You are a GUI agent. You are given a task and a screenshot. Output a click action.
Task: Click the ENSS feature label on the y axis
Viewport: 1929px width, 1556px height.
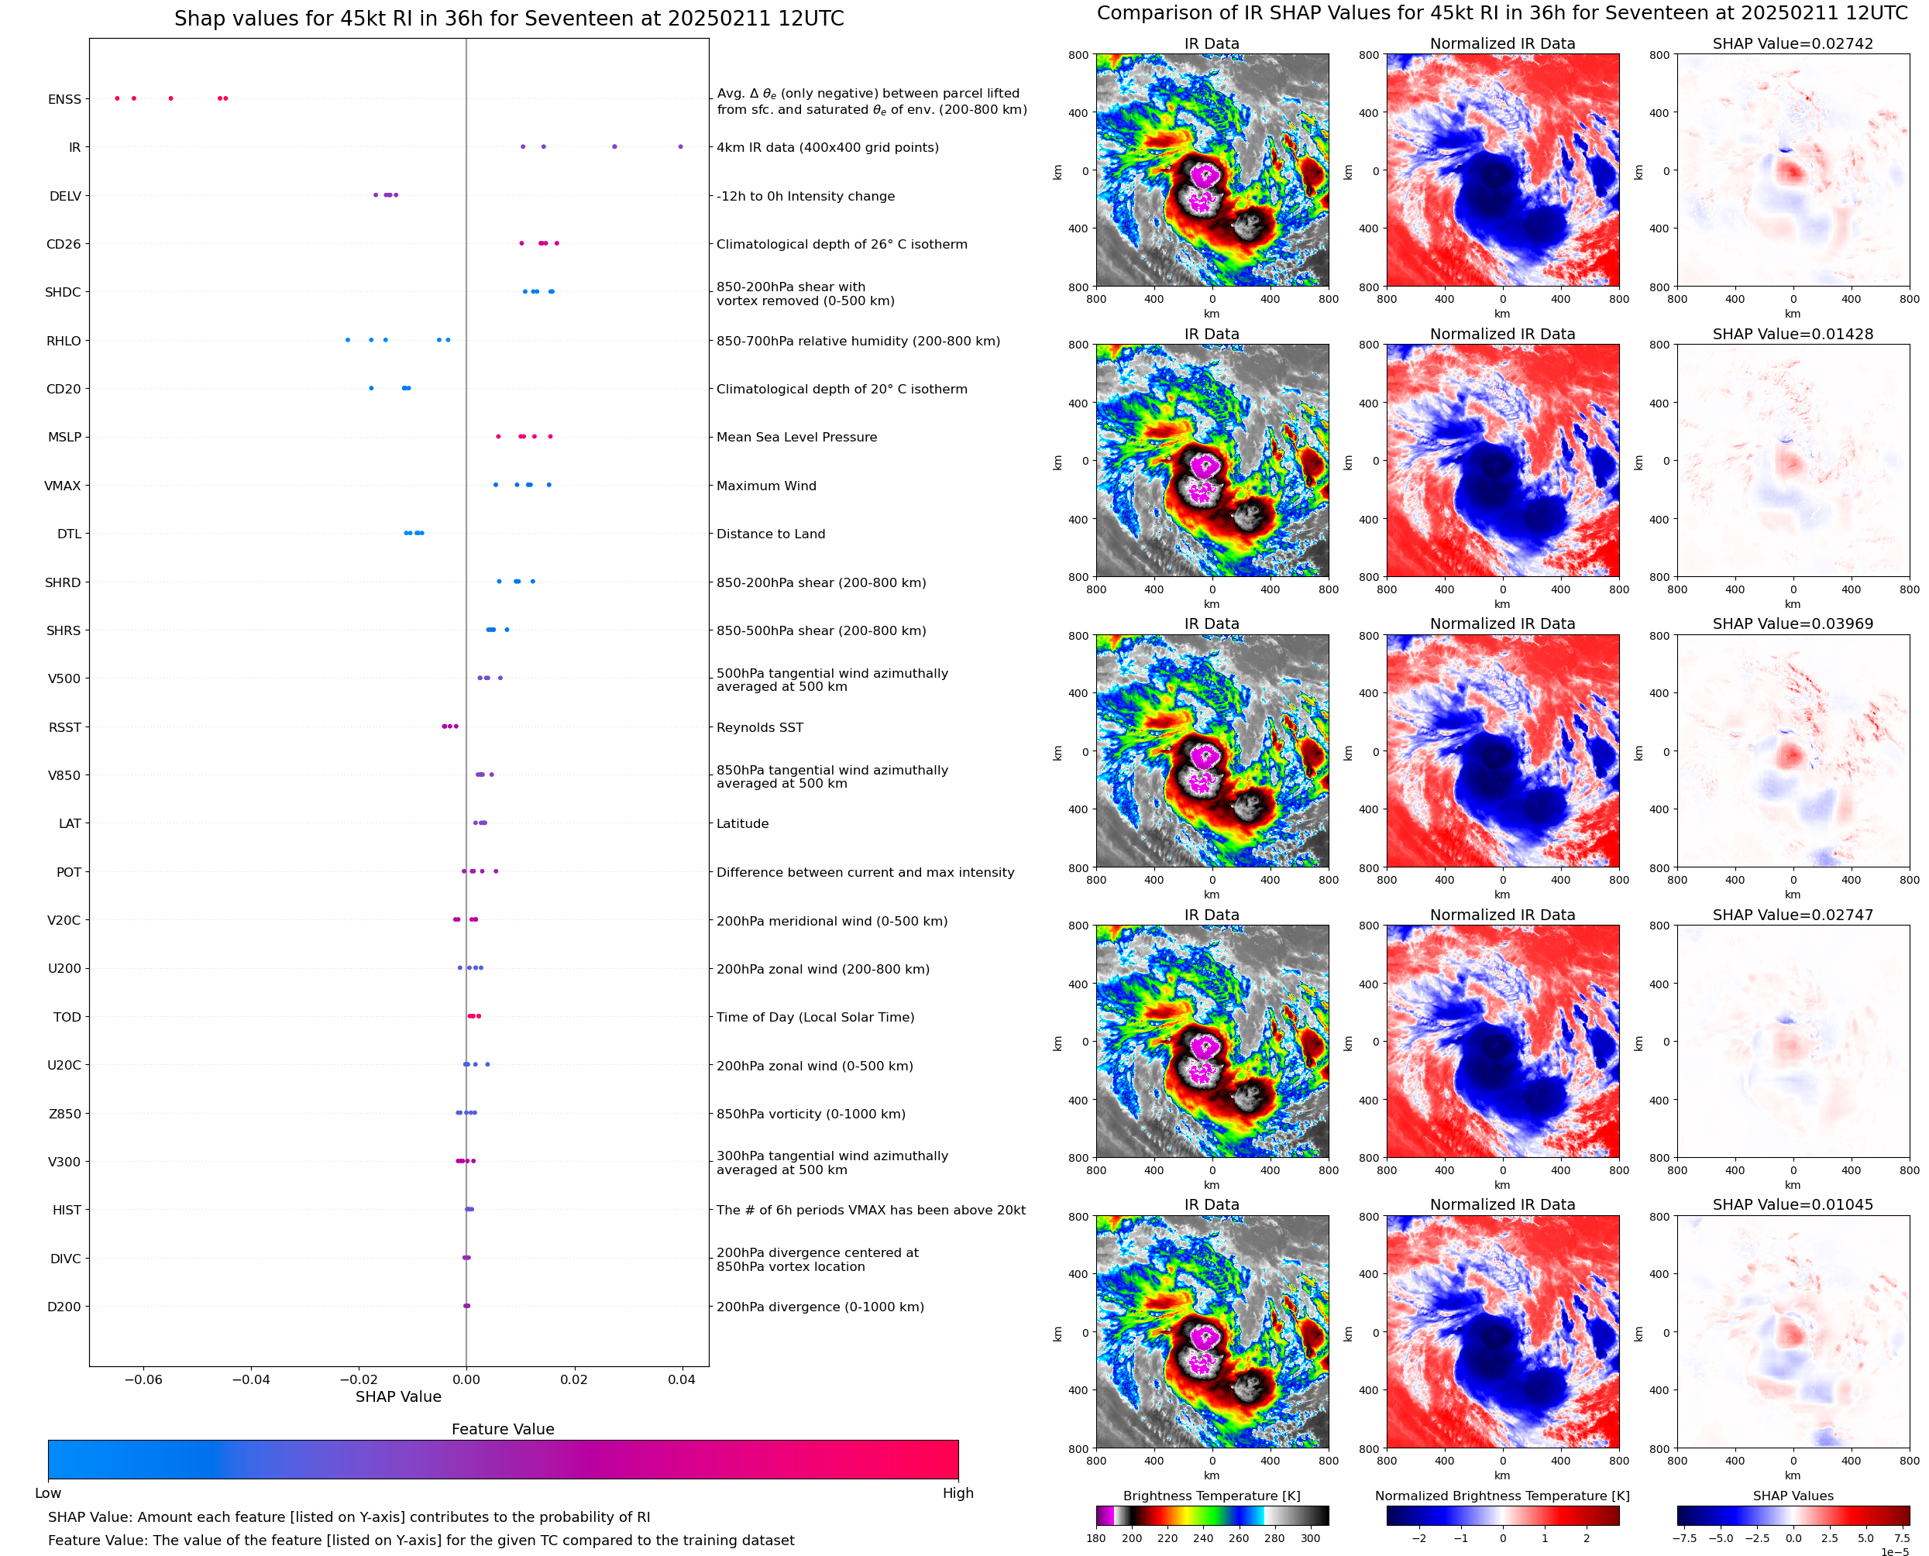tap(64, 99)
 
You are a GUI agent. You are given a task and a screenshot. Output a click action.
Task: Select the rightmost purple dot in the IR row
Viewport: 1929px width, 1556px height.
tap(680, 146)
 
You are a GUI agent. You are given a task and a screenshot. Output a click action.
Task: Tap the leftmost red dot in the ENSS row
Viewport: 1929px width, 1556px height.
tap(118, 98)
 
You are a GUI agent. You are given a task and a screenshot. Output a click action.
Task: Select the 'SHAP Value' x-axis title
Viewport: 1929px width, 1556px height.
tap(398, 1397)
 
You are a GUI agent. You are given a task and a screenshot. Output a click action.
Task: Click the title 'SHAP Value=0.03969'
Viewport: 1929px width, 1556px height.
tap(1793, 623)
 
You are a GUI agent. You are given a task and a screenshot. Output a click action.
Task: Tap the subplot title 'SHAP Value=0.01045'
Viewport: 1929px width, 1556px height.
tap(1793, 1204)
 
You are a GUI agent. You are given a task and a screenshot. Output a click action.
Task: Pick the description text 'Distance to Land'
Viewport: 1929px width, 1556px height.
tap(770, 534)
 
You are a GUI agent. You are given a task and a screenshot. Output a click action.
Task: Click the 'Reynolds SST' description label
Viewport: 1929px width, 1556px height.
tap(759, 728)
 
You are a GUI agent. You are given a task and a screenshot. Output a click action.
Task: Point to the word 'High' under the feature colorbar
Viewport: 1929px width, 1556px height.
tap(958, 1493)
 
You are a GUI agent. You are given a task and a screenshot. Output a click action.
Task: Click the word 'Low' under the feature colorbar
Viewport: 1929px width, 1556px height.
tap(48, 1493)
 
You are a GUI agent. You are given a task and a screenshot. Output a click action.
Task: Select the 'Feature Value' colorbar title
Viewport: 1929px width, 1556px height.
tap(503, 1430)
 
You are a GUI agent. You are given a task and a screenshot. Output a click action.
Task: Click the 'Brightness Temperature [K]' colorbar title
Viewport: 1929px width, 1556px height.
tap(1211, 1496)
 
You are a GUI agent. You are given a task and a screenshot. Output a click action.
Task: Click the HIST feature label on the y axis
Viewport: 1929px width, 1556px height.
tap(67, 1210)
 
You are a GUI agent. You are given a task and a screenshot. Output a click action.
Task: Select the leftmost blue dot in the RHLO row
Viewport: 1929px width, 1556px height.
tap(348, 340)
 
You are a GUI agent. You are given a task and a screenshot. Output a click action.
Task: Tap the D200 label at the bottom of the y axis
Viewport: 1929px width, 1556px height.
tap(64, 1307)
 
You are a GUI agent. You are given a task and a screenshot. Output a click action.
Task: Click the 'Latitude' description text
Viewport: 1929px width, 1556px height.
tap(742, 824)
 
